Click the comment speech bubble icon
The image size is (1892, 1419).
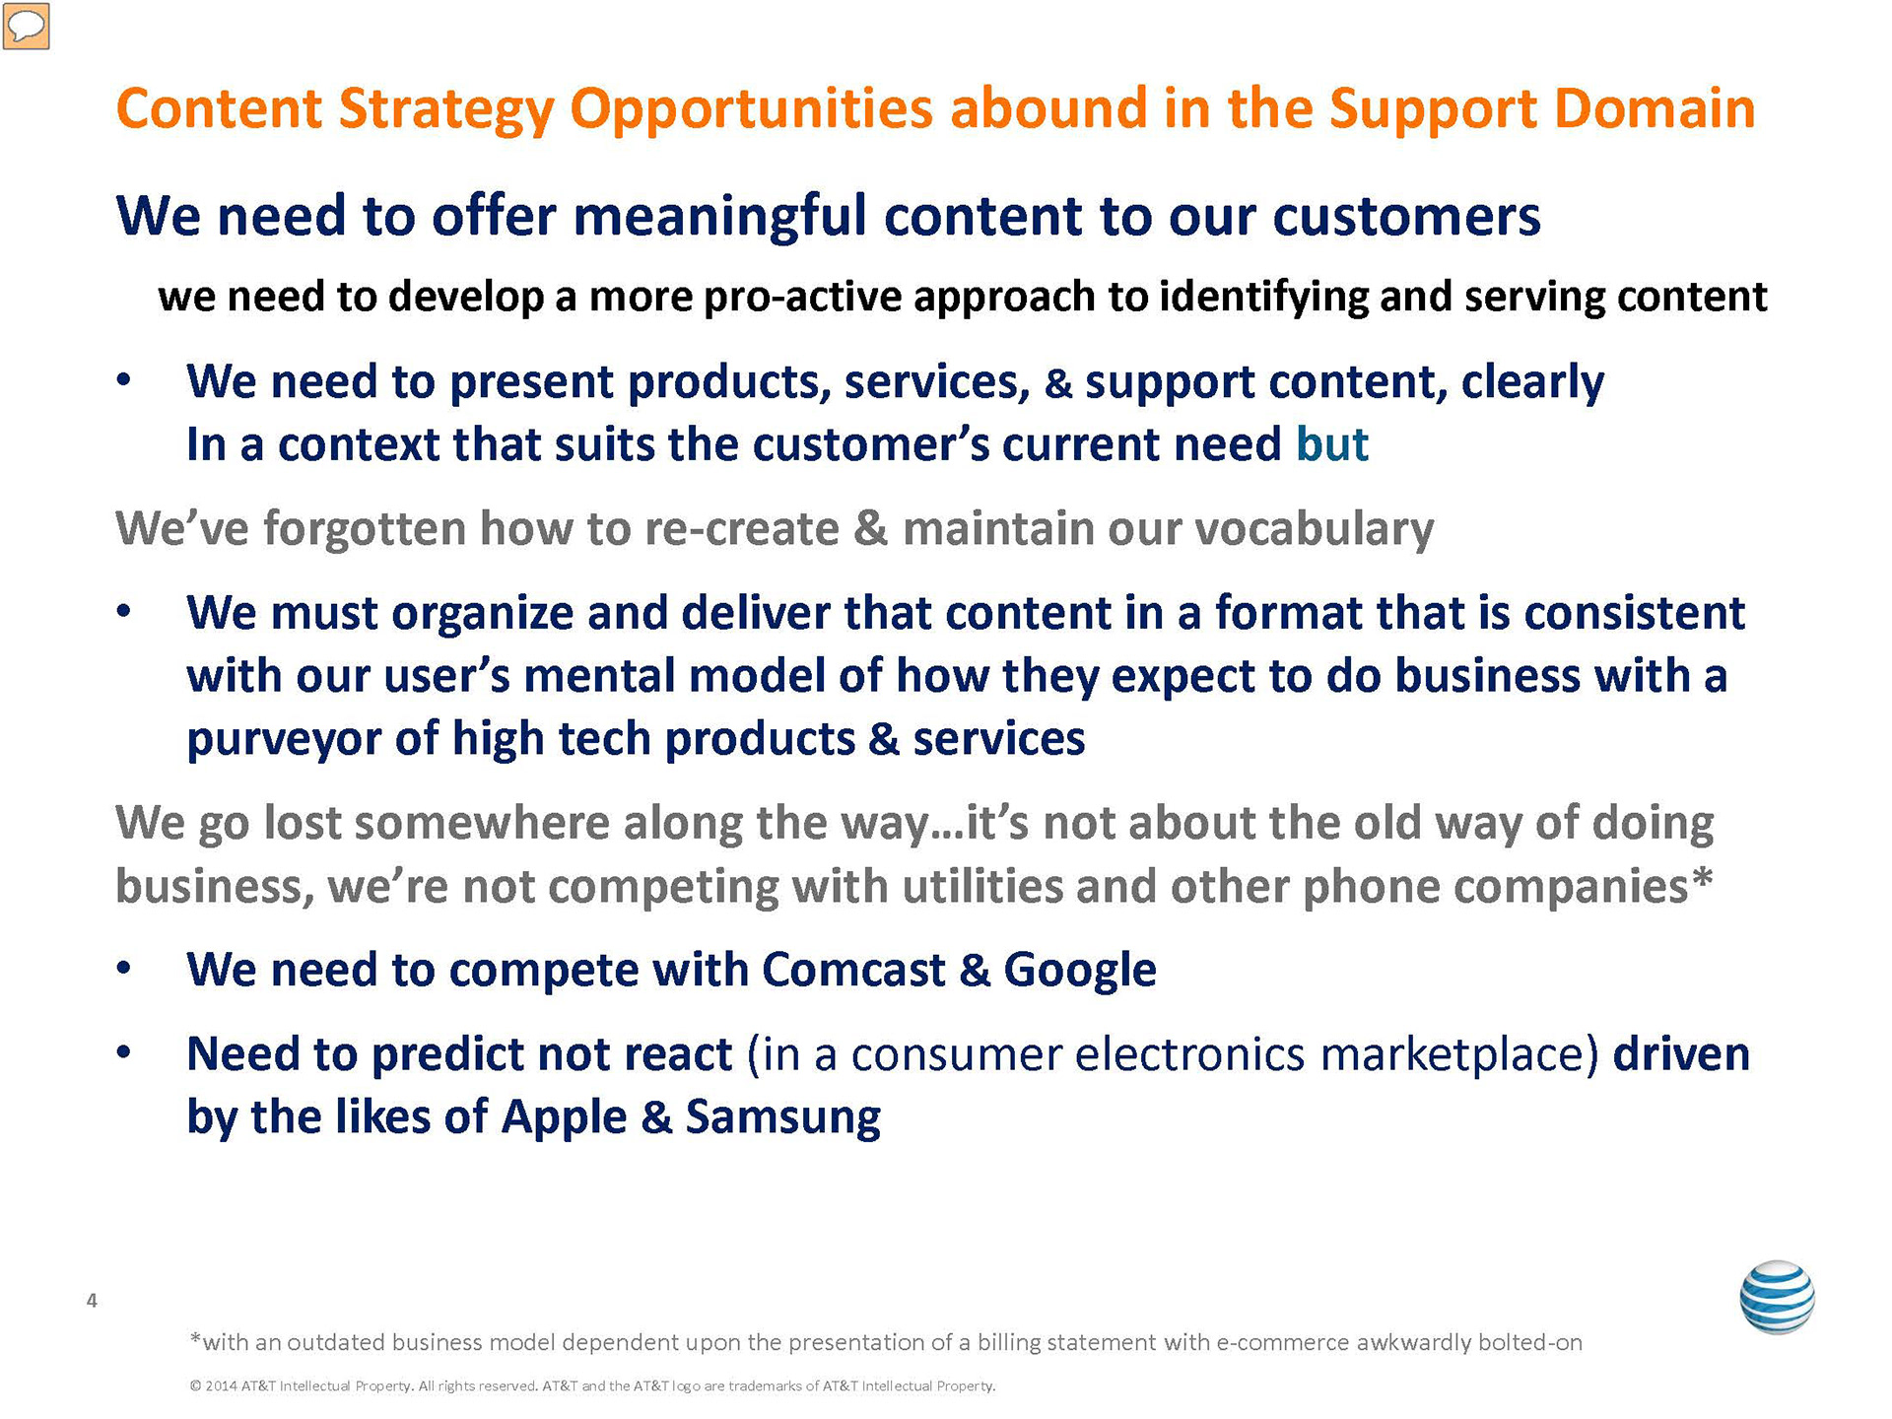tap(26, 26)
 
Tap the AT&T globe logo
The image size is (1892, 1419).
tap(1777, 1298)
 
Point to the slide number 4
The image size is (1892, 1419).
tap(92, 1301)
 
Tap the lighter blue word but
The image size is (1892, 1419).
tap(1332, 443)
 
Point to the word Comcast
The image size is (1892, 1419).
tap(853, 970)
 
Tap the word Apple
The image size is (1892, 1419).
tap(564, 1118)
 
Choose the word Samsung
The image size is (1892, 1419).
tap(783, 1118)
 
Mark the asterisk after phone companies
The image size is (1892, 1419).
tap(1702, 876)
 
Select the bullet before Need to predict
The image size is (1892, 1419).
tap(123, 1053)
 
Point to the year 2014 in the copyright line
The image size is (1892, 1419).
tap(221, 1386)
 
